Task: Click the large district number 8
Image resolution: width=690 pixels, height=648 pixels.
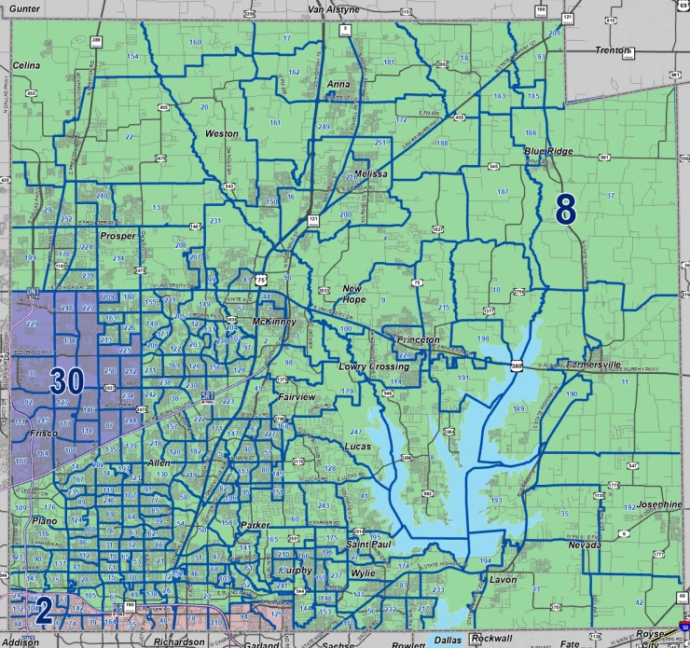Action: (565, 209)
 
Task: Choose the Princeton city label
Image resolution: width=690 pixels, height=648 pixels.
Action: (417, 340)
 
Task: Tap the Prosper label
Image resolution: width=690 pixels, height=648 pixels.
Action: (118, 237)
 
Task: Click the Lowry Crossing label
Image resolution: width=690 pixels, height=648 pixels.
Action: (368, 367)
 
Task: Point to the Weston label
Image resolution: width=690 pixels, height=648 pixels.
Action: (222, 133)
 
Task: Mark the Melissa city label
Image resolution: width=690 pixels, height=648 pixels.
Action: (370, 174)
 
